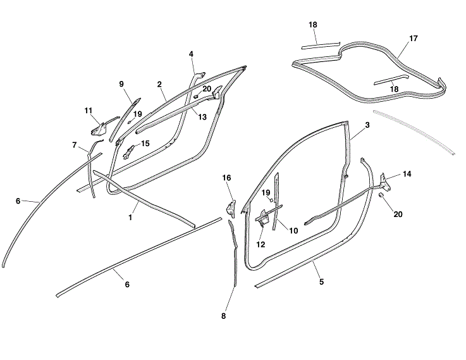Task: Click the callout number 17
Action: click(414, 39)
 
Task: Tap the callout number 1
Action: click(130, 218)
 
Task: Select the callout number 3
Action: click(367, 125)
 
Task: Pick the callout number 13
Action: click(202, 117)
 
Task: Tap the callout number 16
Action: click(226, 178)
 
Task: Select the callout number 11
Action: click(89, 111)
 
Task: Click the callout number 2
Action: click(159, 84)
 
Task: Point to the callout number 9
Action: click(121, 84)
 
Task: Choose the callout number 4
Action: click(191, 54)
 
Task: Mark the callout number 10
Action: click(293, 231)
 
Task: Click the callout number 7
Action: click(75, 145)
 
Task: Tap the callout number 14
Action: click(407, 174)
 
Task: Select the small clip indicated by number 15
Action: click(128, 151)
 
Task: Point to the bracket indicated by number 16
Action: click(231, 209)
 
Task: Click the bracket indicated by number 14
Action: click(386, 182)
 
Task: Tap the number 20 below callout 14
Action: click(398, 214)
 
